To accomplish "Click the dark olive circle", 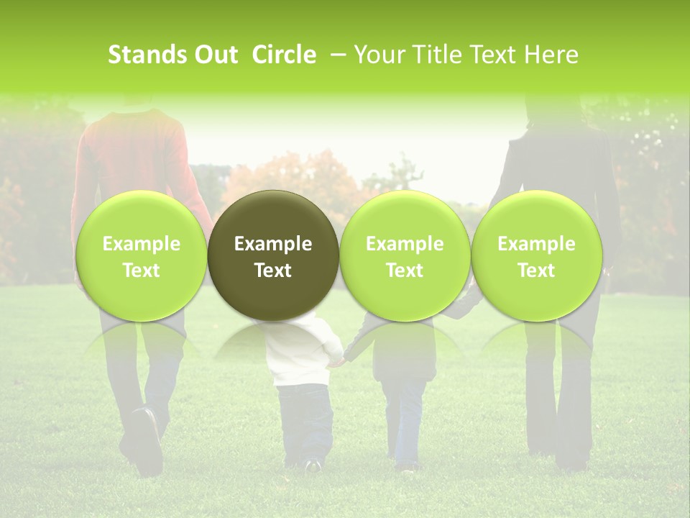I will tap(273, 255).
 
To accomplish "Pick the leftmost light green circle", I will tap(141, 255).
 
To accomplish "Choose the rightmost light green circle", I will tap(537, 255).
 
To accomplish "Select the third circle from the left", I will tap(405, 255).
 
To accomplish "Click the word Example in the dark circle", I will tap(273, 244).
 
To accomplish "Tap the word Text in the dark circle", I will tap(273, 271).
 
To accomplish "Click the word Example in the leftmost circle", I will tap(141, 244).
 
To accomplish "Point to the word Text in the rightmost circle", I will tap(537, 271).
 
